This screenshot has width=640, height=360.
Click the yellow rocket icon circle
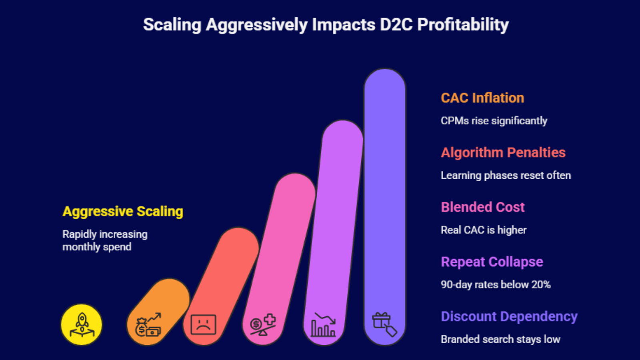click(x=82, y=324)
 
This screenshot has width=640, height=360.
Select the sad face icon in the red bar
click(x=203, y=324)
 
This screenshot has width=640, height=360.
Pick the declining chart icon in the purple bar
click(x=324, y=325)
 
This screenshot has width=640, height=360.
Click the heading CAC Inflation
click(x=482, y=98)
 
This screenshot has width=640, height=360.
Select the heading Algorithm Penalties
click(x=503, y=152)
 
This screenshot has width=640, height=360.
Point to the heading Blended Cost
click(x=482, y=207)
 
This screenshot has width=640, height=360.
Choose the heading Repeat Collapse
click(x=492, y=262)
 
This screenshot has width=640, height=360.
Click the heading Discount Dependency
click(x=509, y=316)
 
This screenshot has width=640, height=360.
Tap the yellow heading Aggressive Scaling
click(x=123, y=211)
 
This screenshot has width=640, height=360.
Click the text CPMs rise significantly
click(x=494, y=121)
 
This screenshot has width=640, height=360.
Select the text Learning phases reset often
click(x=506, y=176)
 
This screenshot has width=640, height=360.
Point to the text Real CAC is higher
click(x=483, y=230)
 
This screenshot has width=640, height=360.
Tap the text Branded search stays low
click(x=500, y=339)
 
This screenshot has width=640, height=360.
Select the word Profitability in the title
click(x=463, y=25)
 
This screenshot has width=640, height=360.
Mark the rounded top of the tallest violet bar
click(x=385, y=78)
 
